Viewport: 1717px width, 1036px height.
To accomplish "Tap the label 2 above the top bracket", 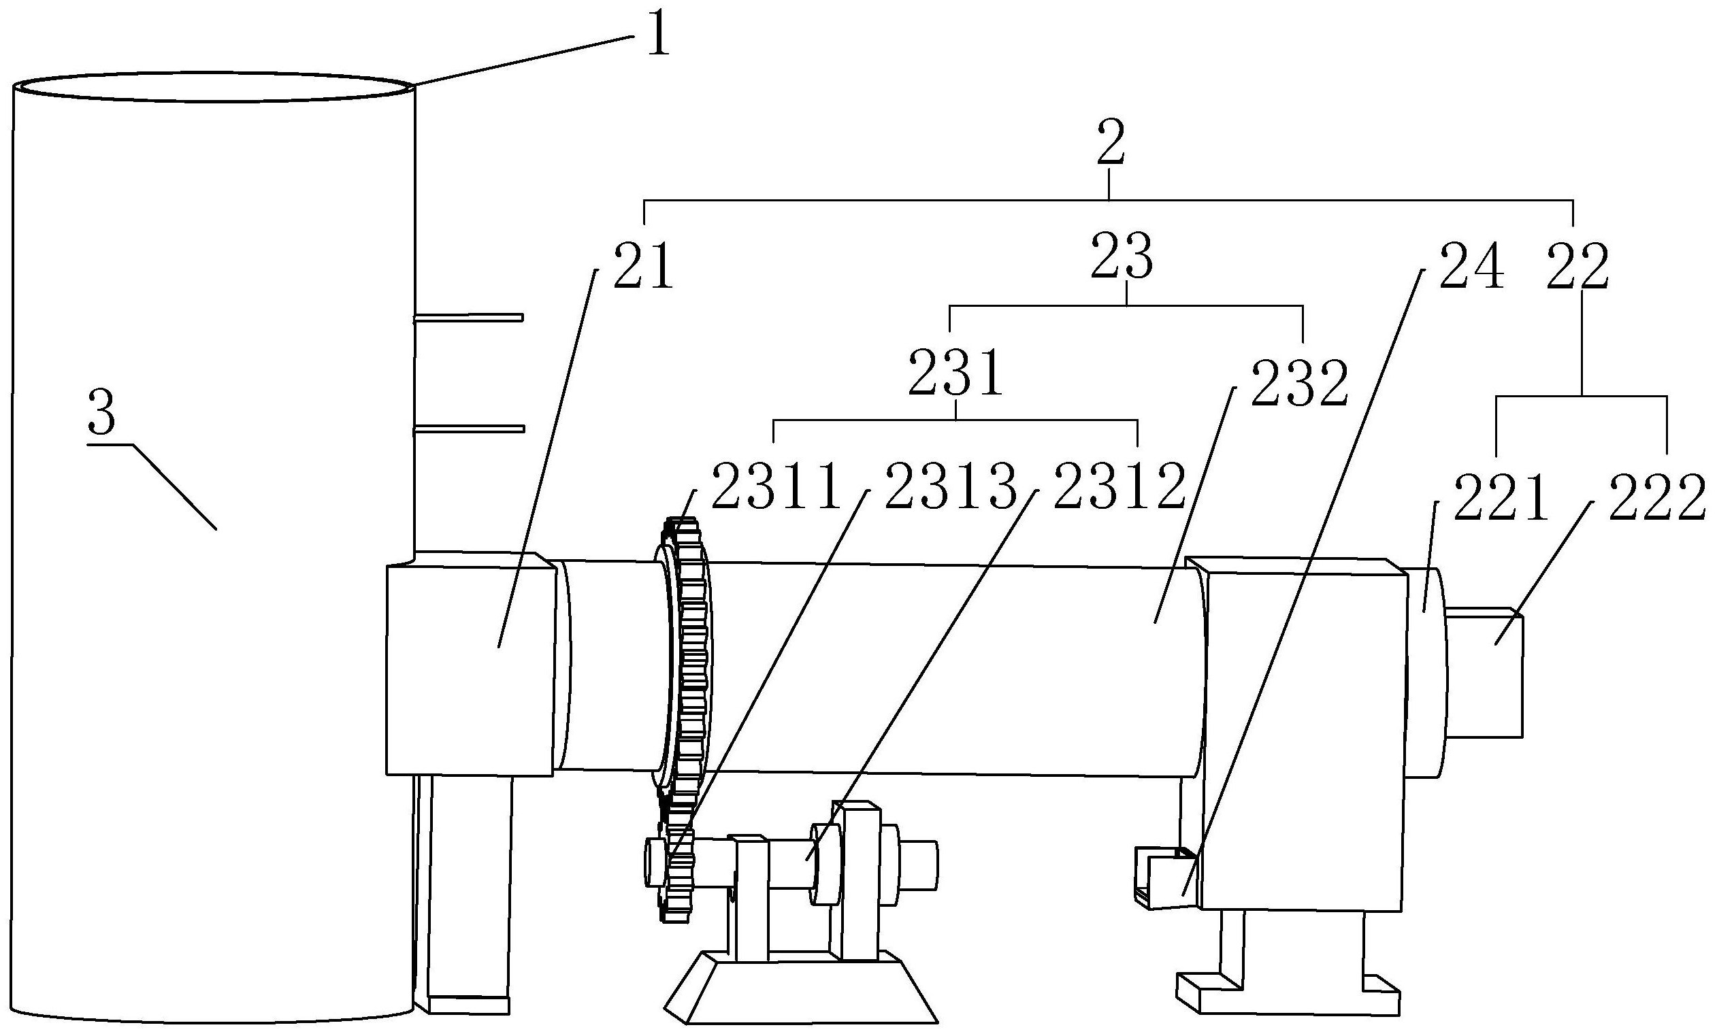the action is click(x=1110, y=143).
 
